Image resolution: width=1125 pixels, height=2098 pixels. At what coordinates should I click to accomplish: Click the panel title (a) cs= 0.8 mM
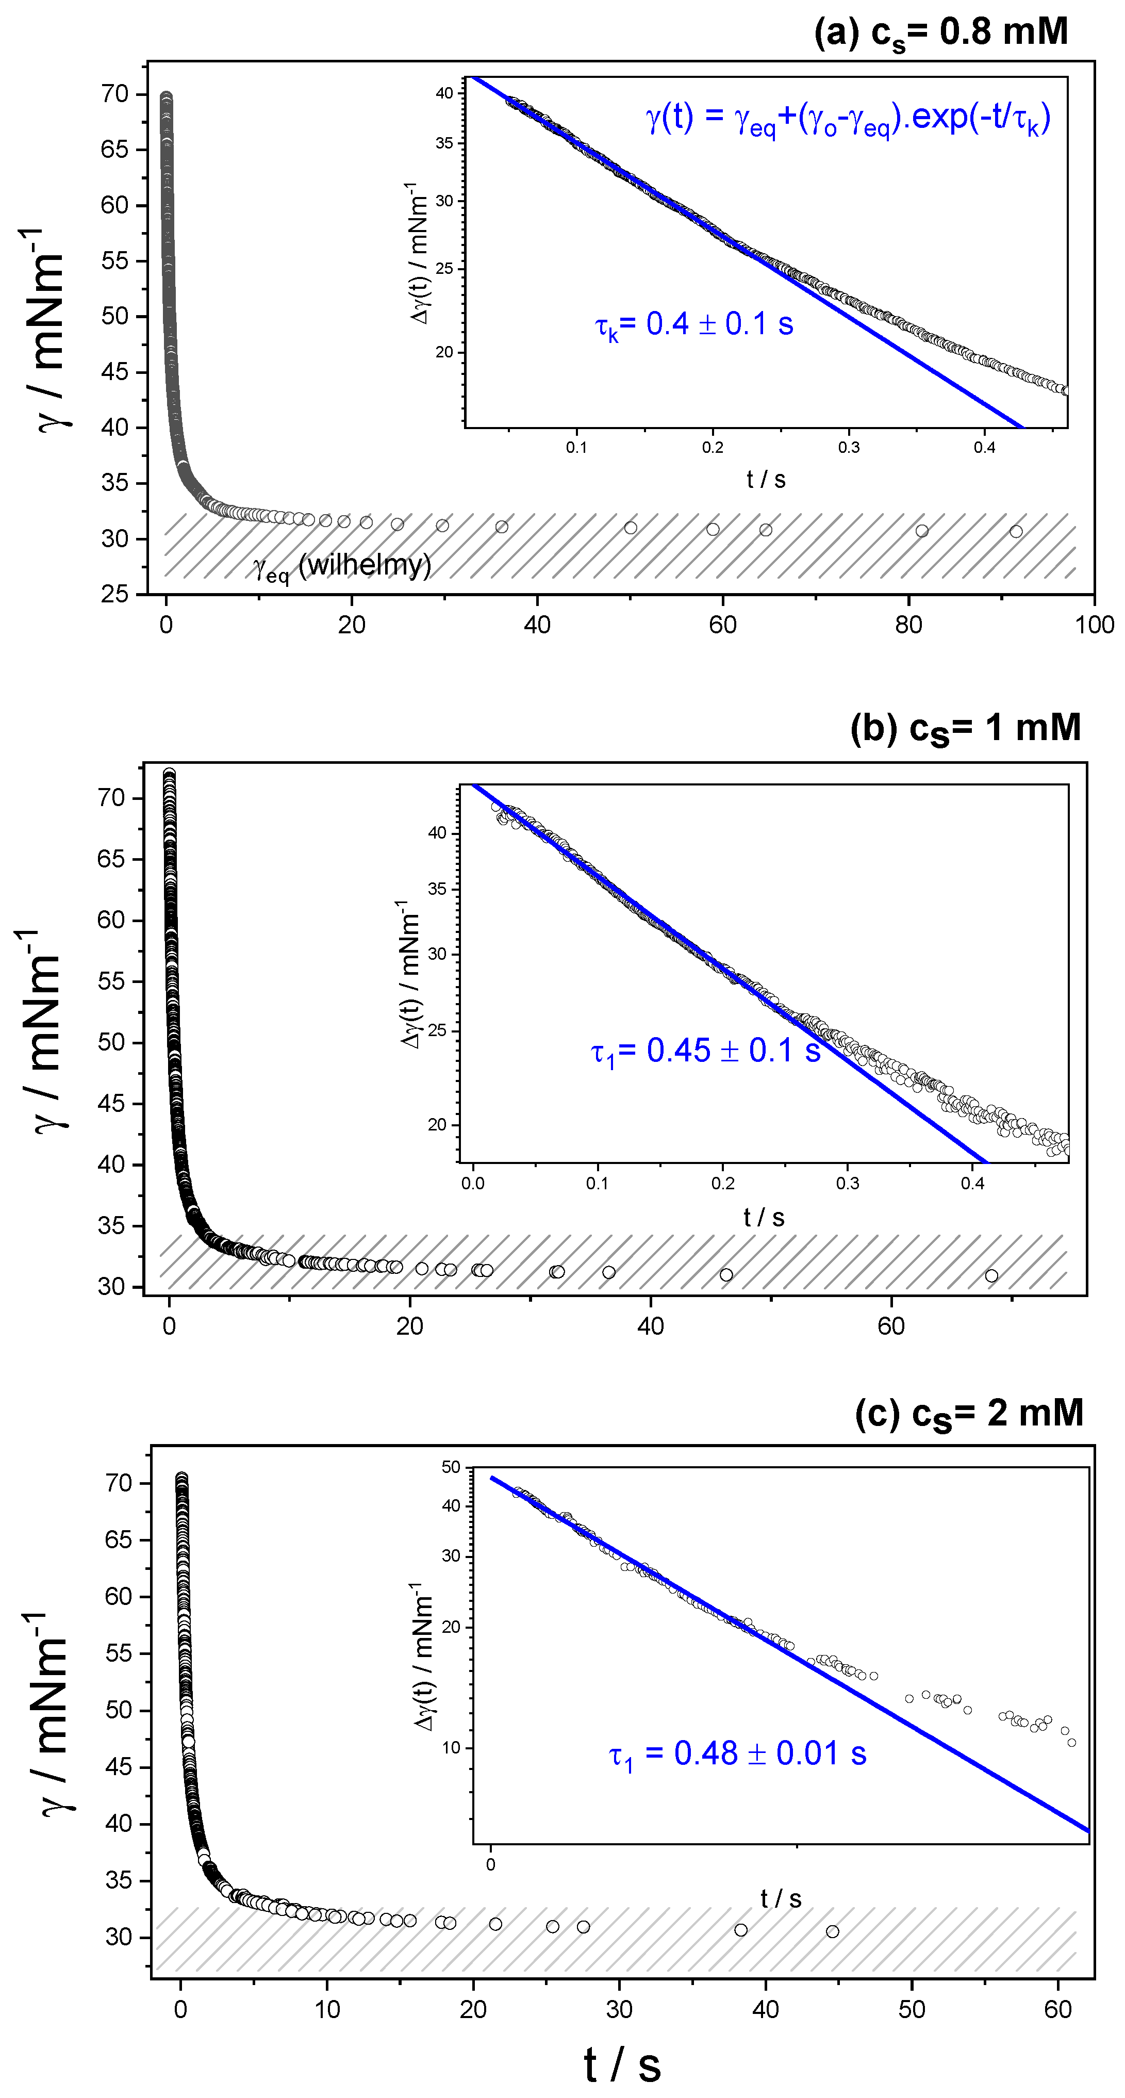tap(940, 32)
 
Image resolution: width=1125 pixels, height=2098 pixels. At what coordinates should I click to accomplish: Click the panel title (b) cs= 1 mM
tap(965, 727)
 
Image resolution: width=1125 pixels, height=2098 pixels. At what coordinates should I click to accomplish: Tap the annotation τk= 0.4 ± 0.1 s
tap(693, 325)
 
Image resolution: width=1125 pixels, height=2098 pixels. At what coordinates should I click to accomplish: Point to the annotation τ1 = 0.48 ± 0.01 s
tap(737, 1753)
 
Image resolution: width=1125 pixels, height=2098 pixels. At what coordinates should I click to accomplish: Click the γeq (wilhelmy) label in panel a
tap(342, 566)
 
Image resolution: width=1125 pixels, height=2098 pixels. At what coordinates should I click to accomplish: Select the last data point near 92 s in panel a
tap(1016, 532)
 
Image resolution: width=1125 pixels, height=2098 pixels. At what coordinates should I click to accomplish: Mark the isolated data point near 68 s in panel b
tap(990, 1275)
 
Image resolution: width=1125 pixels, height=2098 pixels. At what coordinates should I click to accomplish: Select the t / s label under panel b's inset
tap(764, 1218)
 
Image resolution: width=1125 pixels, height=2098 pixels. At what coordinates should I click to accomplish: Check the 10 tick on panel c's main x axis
tap(327, 2009)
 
